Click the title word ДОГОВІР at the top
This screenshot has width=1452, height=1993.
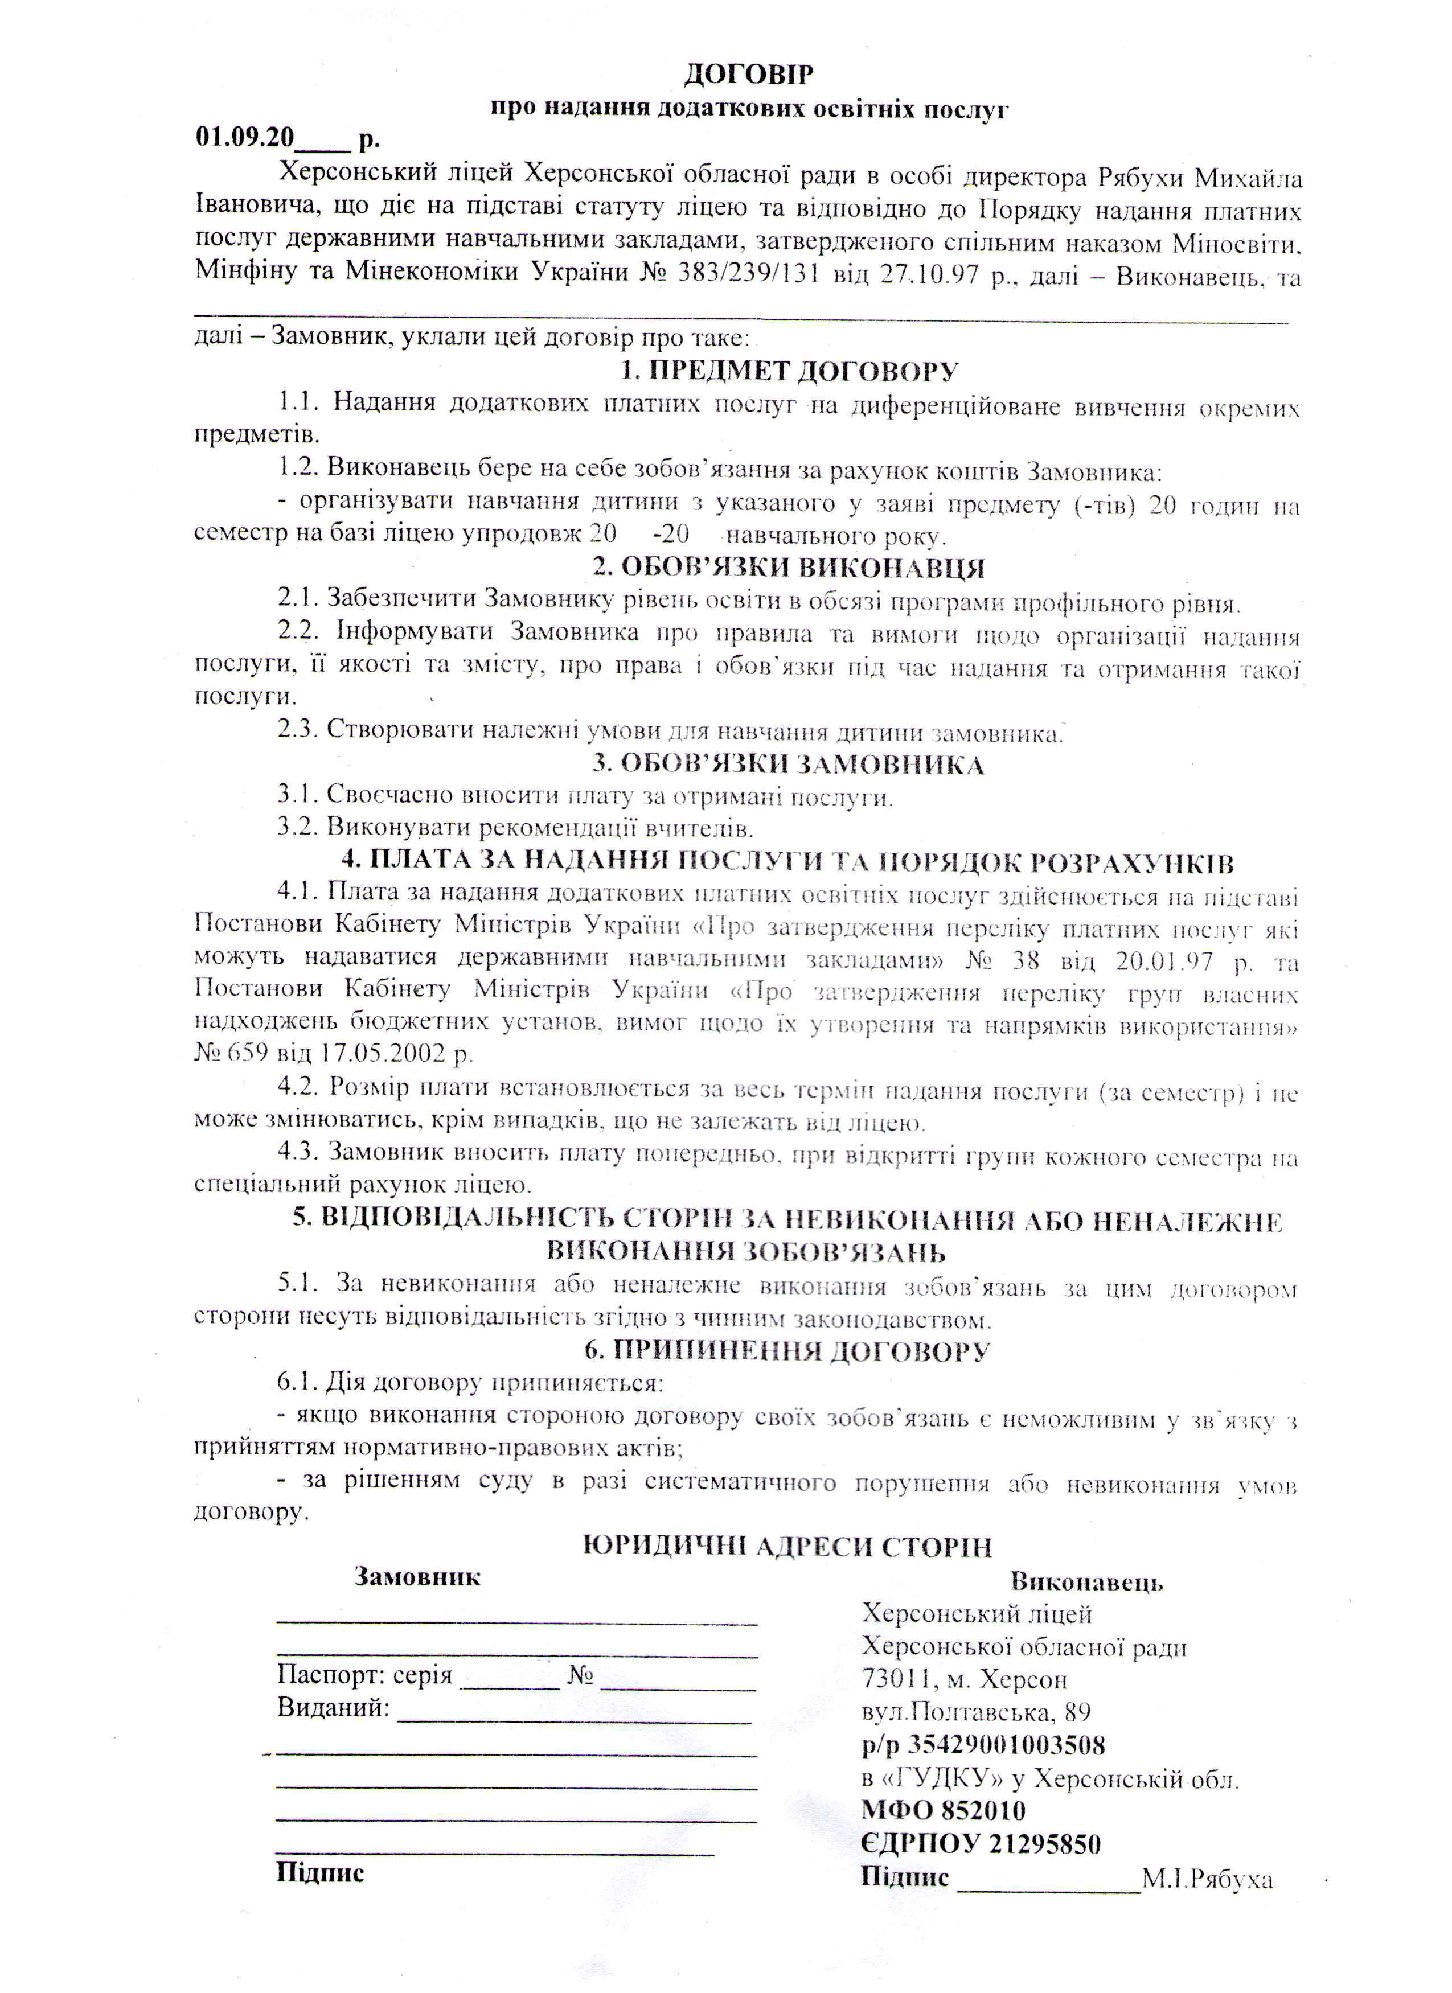click(x=749, y=75)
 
